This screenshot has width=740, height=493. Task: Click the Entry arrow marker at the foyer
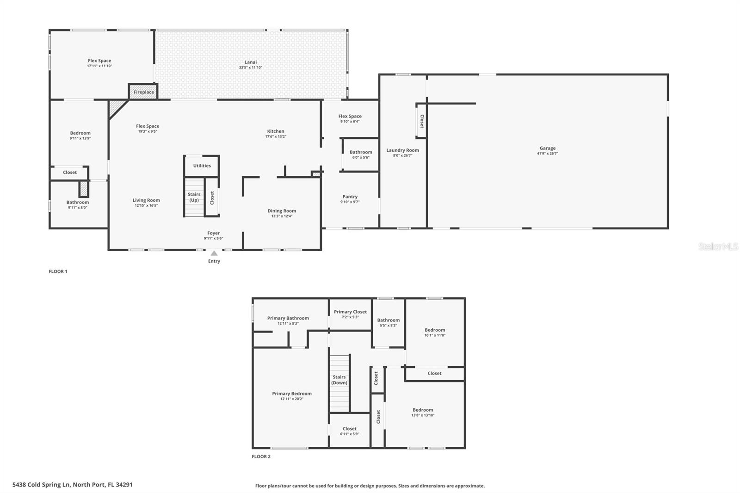(x=214, y=253)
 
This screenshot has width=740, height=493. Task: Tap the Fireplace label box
(x=143, y=92)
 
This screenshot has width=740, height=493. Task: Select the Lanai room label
(x=250, y=62)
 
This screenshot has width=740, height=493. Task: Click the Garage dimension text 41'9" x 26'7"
(x=547, y=154)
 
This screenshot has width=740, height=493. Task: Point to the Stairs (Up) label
(x=194, y=197)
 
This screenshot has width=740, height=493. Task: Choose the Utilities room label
(x=202, y=166)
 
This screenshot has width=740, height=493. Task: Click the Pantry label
(x=350, y=197)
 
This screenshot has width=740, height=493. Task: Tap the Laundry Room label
(x=402, y=150)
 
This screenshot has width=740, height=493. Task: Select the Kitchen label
(x=275, y=131)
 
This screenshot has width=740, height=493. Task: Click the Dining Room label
(x=282, y=211)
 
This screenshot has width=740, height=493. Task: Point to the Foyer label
(x=213, y=233)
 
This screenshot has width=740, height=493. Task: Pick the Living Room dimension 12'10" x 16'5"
(x=146, y=206)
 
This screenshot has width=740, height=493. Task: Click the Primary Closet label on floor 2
(x=350, y=312)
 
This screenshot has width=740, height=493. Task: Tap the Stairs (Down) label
(x=339, y=380)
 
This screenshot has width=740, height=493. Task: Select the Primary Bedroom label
(x=292, y=394)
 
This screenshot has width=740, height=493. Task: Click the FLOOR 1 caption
(x=58, y=271)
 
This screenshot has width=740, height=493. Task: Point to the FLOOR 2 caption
(x=261, y=456)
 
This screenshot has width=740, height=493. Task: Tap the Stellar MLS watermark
(x=718, y=246)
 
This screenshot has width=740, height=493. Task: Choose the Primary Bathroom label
(x=288, y=318)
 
